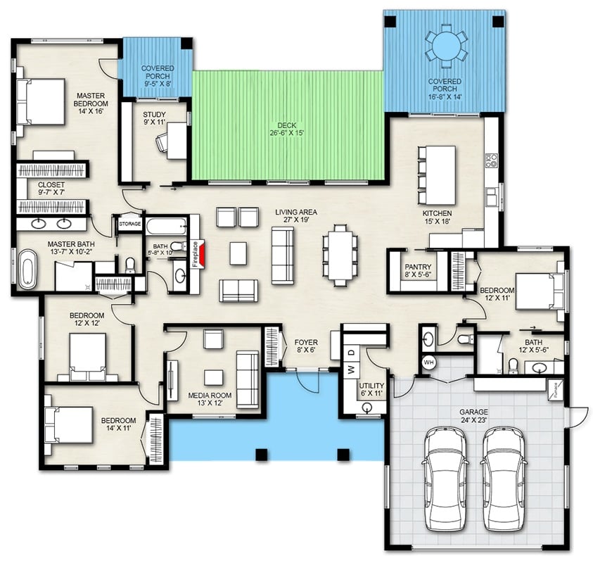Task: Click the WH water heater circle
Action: tap(428, 363)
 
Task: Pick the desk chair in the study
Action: tap(162, 144)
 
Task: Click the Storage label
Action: tap(129, 224)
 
